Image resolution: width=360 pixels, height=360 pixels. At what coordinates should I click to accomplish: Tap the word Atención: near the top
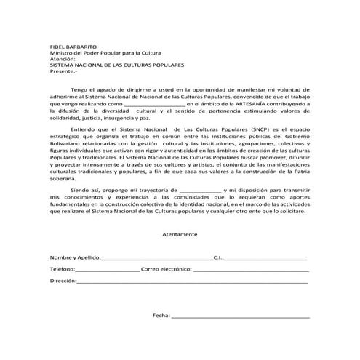pyautogui.click(x=62, y=59)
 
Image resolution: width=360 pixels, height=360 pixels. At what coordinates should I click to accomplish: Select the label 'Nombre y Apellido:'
pyautogui.click(x=76, y=257)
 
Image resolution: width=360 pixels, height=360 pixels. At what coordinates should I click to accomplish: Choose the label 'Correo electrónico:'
pyautogui.click(x=168, y=268)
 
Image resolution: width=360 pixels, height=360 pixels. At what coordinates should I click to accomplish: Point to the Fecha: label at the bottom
pyautogui.click(x=161, y=316)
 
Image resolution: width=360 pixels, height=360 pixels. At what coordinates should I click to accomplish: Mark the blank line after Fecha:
pyautogui.click(x=240, y=317)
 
